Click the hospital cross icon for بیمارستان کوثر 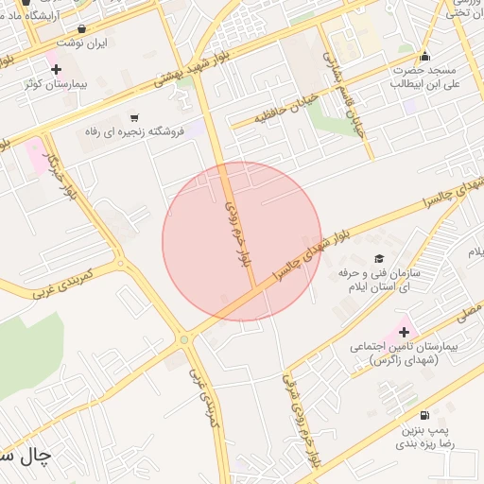56,69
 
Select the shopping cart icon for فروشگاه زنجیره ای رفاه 146,117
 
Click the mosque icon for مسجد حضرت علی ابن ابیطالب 424,56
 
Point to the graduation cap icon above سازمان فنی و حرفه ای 379,258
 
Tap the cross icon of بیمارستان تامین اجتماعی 405,332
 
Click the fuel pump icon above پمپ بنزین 423,415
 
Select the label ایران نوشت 82,43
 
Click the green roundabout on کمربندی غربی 182,338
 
